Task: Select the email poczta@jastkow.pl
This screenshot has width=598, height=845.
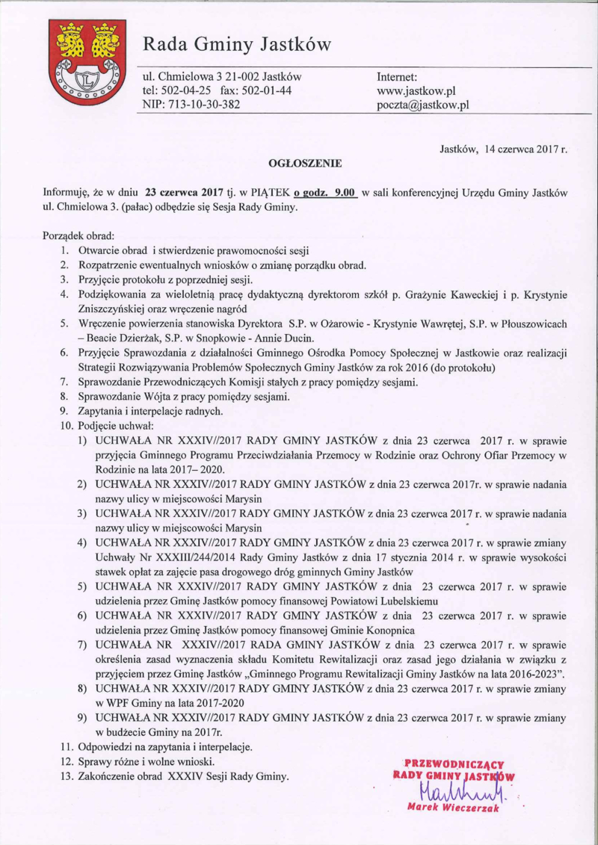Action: (x=423, y=105)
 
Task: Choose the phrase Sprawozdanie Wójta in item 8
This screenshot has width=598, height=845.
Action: (x=125, y=396)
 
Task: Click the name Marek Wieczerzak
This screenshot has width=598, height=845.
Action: (x=452, y=808)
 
